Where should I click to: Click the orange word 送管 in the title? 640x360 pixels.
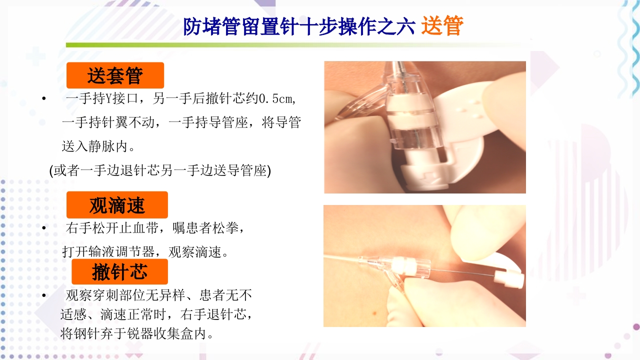click(442, 26)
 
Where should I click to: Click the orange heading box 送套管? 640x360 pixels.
click(115, 75)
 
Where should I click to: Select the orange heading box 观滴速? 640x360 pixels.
click(117, 205)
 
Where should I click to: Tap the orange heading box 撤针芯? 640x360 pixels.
click(119, 272)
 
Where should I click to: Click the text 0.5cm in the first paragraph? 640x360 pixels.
click(277, 98)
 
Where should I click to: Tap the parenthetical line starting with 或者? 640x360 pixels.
click(160, 170)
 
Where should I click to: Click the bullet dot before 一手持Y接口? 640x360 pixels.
click(44, 99)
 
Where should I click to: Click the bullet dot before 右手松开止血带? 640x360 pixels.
click(44, 228)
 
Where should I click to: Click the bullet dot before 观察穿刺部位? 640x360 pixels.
click(44, 295)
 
